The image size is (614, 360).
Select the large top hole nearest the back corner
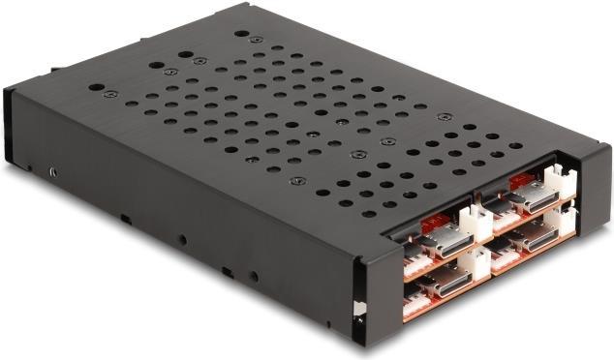pyautogui.click(x=240, y=35)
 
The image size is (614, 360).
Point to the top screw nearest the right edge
pyautogui.click(x=445, y=117)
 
